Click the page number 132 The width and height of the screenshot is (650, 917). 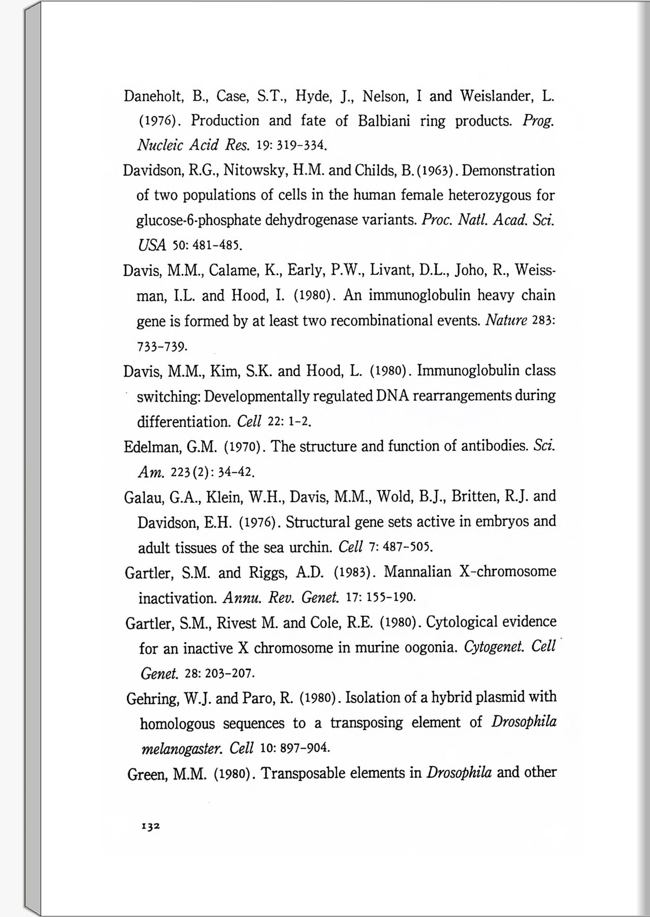click(151, 826)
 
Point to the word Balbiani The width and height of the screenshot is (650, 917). click(384, 121)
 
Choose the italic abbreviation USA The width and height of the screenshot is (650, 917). click(152, 246)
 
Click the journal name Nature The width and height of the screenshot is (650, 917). click(506, 321)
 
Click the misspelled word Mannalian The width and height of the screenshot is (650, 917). click(417, 572)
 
